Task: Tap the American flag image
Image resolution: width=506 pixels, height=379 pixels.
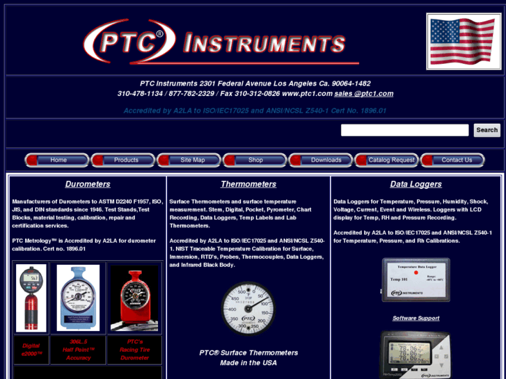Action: point(464,42)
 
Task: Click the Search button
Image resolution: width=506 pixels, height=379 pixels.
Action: point(487,130)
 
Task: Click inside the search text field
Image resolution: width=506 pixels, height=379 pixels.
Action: point(404,130)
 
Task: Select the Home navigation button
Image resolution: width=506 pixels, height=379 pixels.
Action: point(58,160)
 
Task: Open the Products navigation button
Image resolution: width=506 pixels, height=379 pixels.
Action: point(126,160)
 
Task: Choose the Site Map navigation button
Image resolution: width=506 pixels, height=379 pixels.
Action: point(193,160)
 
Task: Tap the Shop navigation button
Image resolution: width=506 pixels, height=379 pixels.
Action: point(255,160)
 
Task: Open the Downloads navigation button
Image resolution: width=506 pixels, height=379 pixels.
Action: point(326,160)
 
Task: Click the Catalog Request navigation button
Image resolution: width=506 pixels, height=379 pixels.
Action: point(391,160)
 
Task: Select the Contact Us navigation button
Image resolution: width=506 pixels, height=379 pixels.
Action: point(457,160)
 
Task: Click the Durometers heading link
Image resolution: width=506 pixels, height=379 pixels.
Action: point(88,184)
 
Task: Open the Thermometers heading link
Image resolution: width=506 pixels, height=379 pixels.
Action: point(248,184)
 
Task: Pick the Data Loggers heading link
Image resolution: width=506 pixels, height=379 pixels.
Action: point(416,184)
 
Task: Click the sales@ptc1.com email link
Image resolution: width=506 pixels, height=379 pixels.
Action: point(363,94)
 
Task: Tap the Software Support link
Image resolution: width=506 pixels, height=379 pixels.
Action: point(416,318)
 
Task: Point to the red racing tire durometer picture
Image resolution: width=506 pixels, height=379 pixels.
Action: point(134,298)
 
